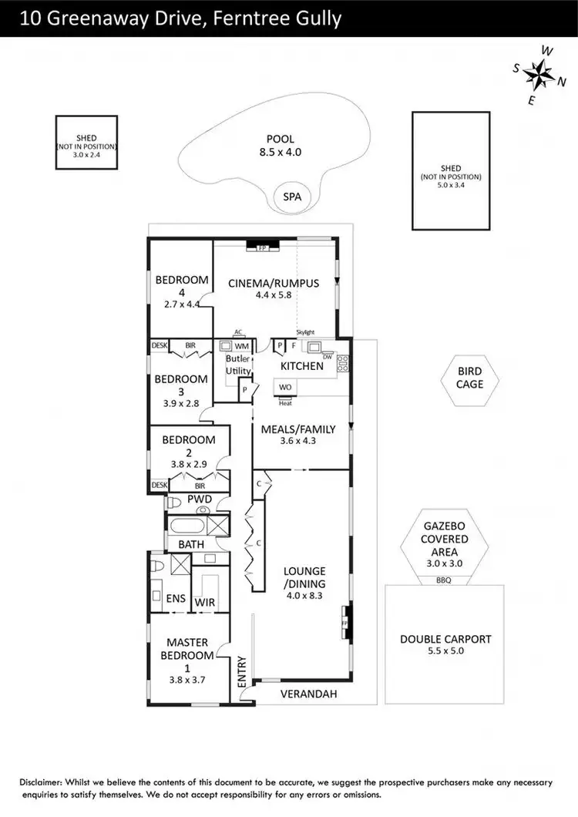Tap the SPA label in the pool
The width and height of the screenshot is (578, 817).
click(x=291, y=197)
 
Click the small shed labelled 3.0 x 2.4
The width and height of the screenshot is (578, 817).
click(x=86, y=143)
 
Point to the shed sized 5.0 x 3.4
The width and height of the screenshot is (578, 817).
click(x=450, y=170)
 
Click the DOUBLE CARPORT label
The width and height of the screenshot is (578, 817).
click(x=445, y=644)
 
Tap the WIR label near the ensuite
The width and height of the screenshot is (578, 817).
click(x=204, y=602)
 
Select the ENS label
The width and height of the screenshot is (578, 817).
click(x=176, y=597)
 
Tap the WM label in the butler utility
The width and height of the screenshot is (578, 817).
click(x=241, y=347)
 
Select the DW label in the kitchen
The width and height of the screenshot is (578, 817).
click(x=328, y=357)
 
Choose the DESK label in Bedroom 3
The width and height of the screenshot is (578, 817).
click(x=159, y=345)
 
